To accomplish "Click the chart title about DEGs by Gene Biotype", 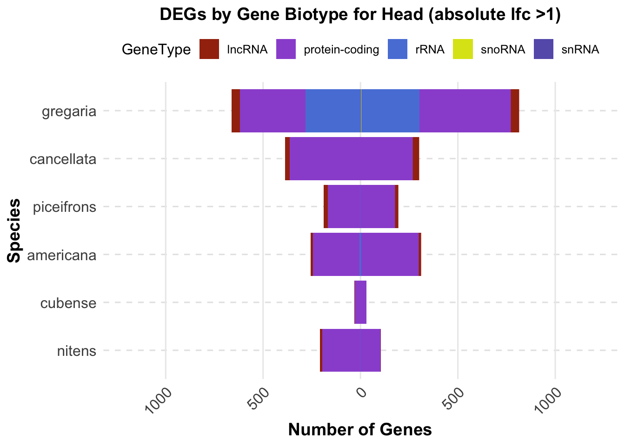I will click(x=360, y=15).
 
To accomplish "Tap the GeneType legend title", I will click(x=156, y=50).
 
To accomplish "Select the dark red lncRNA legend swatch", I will click(x=209, y=49).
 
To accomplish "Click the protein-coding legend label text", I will click(x=341, y=50).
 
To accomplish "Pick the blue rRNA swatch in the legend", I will click(x=398, y=49).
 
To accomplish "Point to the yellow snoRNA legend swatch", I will click(x=463, y=49).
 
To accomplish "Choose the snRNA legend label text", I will click(x=580, y=50).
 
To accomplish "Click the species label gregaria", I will click(x=69, y=111).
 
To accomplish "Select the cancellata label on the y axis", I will click(x=63, y=159).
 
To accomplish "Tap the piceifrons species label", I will click(x=65, y=207).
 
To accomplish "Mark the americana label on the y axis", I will click(x=62, y=255).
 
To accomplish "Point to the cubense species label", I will click(x=68, y=303).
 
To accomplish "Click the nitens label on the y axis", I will click(x=77, y=351).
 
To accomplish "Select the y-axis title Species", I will click(x=14, y=230).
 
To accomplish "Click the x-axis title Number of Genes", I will click(x=360, y=430).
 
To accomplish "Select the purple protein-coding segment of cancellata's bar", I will click(x=351, y=159).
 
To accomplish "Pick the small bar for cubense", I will click(x=361, y=302).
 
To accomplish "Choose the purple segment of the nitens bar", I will click(x=352, y=350).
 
